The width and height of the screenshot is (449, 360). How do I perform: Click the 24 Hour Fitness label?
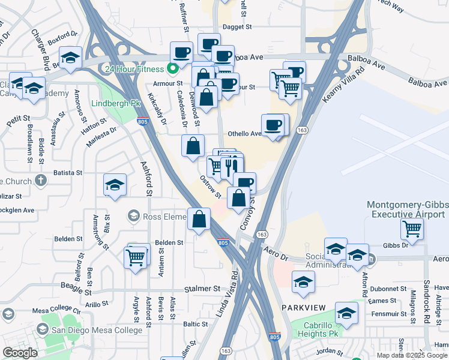point(134,68)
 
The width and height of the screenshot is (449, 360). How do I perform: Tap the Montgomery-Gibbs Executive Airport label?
point(408,209)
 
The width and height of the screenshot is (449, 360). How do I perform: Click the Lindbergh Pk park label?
point(115,103)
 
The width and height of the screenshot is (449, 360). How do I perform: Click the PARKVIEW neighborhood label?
point(303,307)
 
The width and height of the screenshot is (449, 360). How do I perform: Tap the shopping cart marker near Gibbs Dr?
point(412,228)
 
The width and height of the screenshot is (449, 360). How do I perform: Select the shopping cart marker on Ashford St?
point(136,257)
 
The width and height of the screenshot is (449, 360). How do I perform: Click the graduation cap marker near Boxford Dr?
point(71,58)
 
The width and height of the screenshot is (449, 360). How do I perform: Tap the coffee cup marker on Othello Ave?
point(273,125)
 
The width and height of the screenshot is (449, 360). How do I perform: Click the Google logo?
point(19,353)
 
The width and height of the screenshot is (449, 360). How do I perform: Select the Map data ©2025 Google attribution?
point(412,355)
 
